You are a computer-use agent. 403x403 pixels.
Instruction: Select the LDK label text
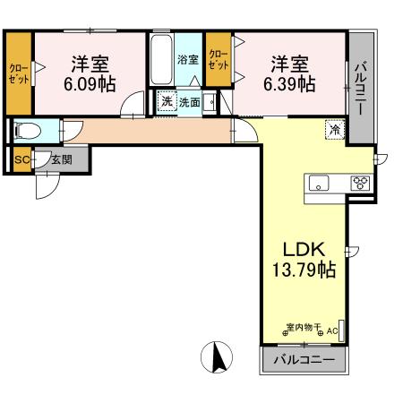(x=303, y=249)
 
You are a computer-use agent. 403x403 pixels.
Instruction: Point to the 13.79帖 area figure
(x=304, y=269)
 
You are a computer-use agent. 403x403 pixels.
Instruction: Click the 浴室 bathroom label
(x=187, y=61)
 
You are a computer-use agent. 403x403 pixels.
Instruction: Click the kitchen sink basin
(x=319, y=183)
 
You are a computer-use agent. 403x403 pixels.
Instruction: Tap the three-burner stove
(x=361, y=183)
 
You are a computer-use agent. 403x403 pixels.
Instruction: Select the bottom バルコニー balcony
(x=303, y=361)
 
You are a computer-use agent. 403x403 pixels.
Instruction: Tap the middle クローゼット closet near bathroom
(x=218, y=60)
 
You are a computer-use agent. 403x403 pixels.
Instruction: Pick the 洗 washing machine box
(x=166, y=102)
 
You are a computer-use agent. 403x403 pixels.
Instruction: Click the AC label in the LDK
(x=331, y=331)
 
